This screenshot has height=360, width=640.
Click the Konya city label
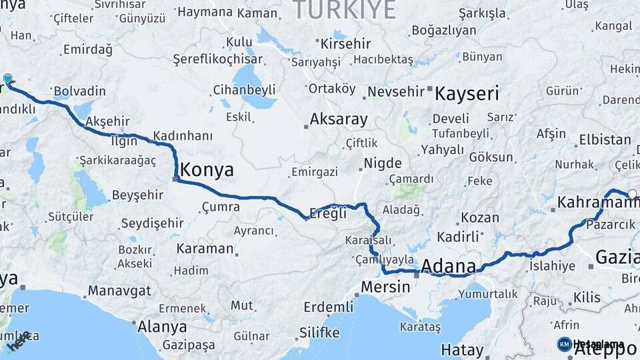coord(207,170)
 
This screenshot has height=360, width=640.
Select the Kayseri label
coord(467,93)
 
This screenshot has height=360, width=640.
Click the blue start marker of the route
coord(7,79)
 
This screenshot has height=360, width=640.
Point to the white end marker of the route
coord(632,194)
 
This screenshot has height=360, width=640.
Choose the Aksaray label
coord(339,120)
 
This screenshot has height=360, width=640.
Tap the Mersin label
coord(385,287)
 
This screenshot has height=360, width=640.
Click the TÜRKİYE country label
coord(344,9)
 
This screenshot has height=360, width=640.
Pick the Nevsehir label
coord(396,91)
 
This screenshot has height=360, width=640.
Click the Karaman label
coord(205,249)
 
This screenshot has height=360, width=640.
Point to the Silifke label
coord(319,332)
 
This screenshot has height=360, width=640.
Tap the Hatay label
coord(462,350)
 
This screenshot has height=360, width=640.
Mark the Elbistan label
coord(605,140)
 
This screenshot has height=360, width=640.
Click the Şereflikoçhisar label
coord(218,59)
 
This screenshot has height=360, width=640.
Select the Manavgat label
coord(119,291)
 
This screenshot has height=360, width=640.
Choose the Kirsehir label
coord(345,44)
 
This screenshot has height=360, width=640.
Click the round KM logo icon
coord(564,344)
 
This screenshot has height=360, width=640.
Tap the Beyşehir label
coord(137,195)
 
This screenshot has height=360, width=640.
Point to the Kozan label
coord(480,217)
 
